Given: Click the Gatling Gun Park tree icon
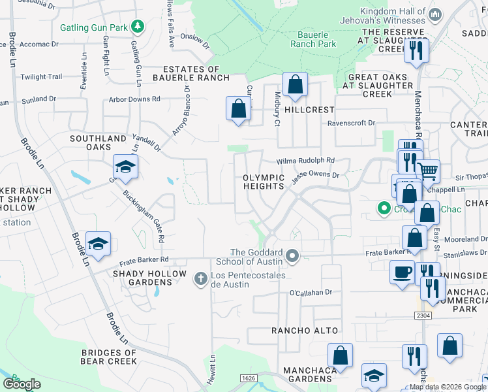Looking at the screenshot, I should [138, 26].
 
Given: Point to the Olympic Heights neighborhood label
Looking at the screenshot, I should [264, 182].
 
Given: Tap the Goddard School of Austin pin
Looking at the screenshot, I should [292, 257].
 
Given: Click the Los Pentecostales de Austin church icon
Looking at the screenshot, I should [202, 280].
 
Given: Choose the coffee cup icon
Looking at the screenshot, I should [402, 271].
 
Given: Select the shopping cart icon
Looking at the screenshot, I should [427, 171].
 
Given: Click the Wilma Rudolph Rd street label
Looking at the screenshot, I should [305, 160].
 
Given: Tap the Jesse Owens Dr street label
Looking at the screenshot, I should [316, 176].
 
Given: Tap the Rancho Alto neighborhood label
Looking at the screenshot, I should [296, 331].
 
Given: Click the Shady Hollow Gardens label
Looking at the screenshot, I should [144, 278].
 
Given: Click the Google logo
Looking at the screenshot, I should [22, 384].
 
